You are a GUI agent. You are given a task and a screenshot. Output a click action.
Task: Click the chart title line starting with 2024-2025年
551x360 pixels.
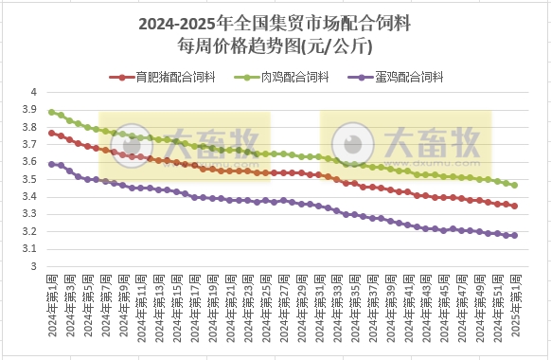point(275,21)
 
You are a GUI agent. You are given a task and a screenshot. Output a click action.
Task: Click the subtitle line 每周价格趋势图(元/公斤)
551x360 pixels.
point(275,44)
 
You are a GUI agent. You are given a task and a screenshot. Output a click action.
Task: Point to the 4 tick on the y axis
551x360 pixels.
point(32,92)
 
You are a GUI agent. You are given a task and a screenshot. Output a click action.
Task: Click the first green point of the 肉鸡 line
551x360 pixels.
point(51,112)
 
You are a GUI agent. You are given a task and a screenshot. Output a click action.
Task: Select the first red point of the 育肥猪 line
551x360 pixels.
point(51,133)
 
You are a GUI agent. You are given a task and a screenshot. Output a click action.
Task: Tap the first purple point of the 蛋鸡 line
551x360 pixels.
point(51,164)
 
